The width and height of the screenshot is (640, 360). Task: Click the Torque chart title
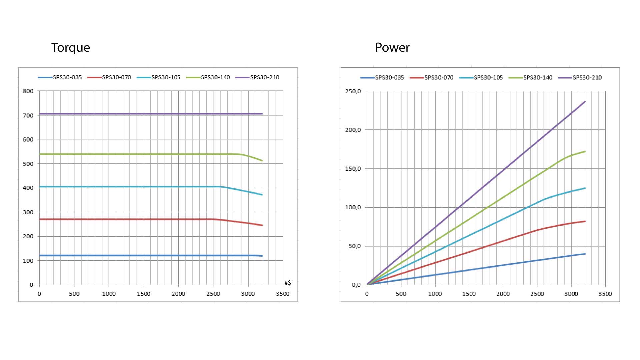tap(70, 48)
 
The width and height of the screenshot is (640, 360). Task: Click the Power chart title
tap(392, 48)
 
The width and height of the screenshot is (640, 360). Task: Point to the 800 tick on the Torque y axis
tap(28, 91)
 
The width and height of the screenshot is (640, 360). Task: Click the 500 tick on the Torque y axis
tap(28, 164)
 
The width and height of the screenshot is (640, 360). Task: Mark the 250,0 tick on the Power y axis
tap(353, 91)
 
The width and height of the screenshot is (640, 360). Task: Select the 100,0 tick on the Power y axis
tap(353, 207)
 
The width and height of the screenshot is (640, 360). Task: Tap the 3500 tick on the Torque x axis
tap(282, 294)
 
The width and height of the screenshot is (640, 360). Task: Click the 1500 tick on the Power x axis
tap(469, 294)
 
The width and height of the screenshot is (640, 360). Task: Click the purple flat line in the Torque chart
tap(150, 114)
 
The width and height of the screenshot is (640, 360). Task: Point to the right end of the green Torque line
tap(262, 161)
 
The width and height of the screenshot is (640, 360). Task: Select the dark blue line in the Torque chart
tap(150, 256)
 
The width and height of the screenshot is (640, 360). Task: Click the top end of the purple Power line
tap(585, 102)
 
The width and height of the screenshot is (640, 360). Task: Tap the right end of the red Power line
tap(585, 221)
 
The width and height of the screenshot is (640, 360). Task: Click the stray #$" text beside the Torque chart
tap(289, 283)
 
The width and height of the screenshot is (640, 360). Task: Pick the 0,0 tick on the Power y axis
tap(356, 285)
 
